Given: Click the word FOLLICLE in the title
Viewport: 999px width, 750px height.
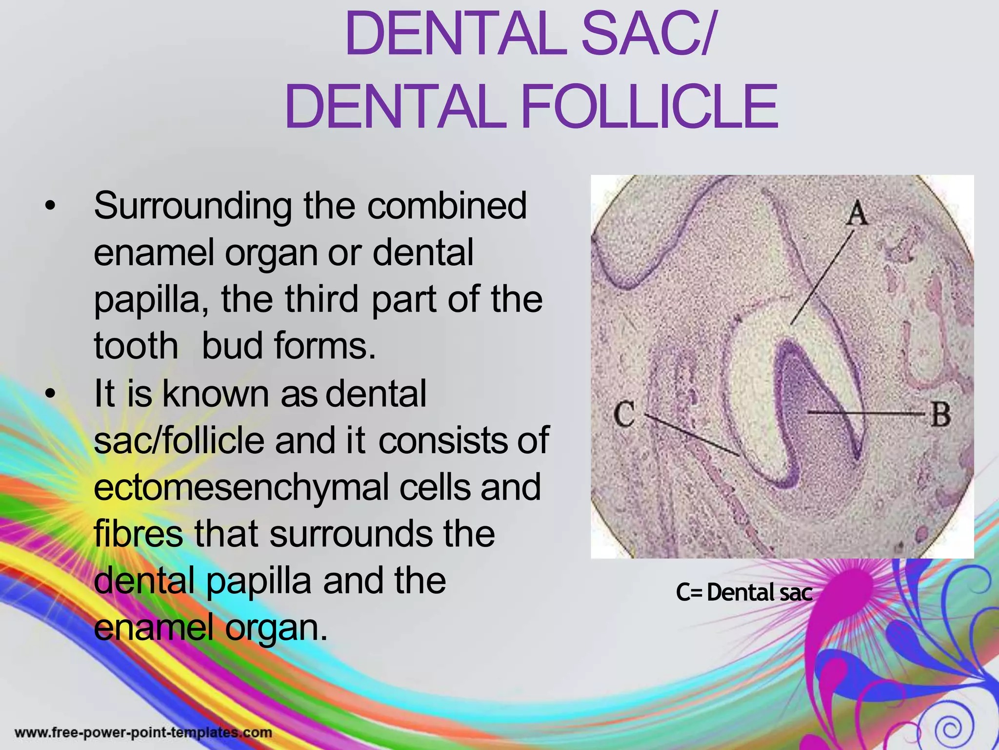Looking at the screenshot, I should (x=649, y=107).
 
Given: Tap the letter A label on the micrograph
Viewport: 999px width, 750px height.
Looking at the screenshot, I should (x=857, y=214).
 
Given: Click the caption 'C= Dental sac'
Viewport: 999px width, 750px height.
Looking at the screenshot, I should (x=744, y=593).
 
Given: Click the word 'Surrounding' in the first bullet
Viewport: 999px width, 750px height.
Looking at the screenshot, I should (x=193, y=207).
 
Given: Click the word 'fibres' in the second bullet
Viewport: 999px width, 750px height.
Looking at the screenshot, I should (x=138, y=534).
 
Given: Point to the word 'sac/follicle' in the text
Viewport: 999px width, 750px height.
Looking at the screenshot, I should (x=179, y=440).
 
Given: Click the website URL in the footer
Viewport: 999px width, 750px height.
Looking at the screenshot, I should (x=143, y=732).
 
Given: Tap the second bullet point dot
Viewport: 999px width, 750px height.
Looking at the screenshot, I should (x=49, y=394).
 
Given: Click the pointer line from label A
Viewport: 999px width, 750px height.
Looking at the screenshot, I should (x=821, y=278).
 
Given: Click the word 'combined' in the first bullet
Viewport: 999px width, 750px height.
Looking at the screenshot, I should (x=446, y=206).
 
